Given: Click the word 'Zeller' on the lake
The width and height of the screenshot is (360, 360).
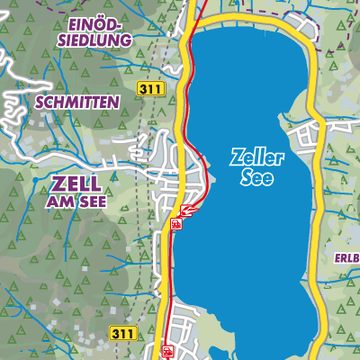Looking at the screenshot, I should pos(257,157).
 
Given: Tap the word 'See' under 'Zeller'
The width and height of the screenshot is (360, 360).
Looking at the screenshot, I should pos(257,177).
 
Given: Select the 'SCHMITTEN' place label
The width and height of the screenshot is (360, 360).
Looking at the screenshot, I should pos(76,103).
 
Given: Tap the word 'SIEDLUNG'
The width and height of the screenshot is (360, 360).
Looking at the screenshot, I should pos(93,40).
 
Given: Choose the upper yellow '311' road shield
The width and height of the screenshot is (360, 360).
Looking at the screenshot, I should pos(149,88).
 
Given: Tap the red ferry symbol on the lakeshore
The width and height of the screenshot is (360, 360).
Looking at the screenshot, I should pos(187,211).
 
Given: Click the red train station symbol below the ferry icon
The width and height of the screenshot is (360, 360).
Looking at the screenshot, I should pos(176,223).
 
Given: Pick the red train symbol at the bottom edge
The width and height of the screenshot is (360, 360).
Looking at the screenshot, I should pos(166,352).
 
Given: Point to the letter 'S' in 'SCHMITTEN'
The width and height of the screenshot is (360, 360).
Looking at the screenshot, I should pos(40,103).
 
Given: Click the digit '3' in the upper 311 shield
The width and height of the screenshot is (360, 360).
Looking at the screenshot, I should pos(144,88).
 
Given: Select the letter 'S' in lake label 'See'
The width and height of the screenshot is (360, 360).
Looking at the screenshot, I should pos(247,177).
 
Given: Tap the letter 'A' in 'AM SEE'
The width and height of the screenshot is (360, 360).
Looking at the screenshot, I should pos(50,203).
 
